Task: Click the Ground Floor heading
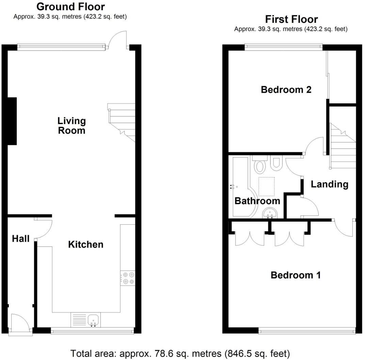coord(70,6)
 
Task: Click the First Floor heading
coord(291,19)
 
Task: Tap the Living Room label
coord(72,125)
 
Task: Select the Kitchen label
coord(86,244)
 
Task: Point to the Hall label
coord(21,239)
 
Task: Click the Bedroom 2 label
coord(286,90)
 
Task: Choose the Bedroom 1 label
coord(296,275)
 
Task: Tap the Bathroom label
coord(257,201)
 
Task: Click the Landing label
coord(330,184)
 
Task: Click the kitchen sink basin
coord(93,320)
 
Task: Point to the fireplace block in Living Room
coord(12,121)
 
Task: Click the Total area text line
coord(180,353)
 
